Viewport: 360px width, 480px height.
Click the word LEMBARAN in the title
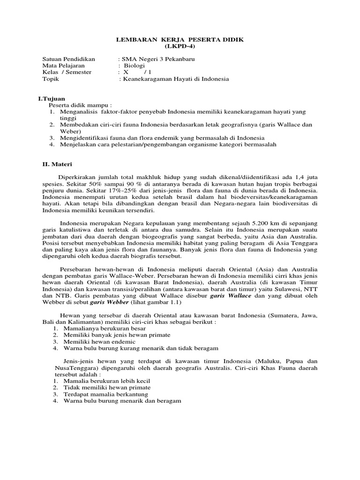tap(135, 41)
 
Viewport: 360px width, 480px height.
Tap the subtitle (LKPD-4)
tap(180, 48)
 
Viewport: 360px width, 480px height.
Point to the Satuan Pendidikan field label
tap(68, 59)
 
